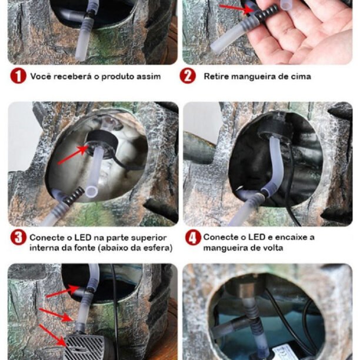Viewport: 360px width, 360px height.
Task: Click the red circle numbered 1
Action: tap(18, 76)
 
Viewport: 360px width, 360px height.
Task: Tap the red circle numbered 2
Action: tap(188, 76)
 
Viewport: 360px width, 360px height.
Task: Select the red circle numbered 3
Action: tap(18, 238)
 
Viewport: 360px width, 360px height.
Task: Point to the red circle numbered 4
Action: tap(193, 238)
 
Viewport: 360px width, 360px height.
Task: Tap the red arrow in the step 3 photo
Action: tap(72, 155)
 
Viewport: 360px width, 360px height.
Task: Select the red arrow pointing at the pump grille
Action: tap(54, 335)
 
